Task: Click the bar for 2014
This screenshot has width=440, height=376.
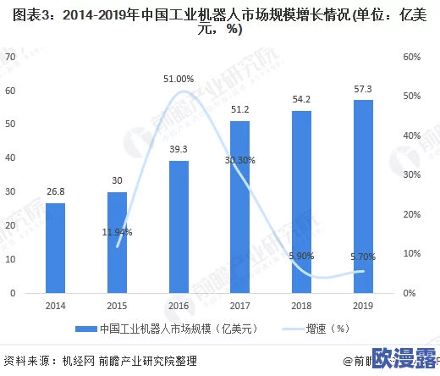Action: [x=55, y=247]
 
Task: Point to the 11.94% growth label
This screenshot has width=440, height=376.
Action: [x=117, y=231]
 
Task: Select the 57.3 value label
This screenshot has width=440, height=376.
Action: [x=362, y=89]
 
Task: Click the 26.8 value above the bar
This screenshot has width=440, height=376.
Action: [x=55, y=192]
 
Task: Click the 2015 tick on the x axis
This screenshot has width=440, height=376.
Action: [x=117, y=307]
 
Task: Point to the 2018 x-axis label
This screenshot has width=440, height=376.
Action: [x=301, y=307]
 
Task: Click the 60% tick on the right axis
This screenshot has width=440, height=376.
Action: [x=412, y=57]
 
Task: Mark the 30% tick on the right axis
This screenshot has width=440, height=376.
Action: [x=412, y=174]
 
